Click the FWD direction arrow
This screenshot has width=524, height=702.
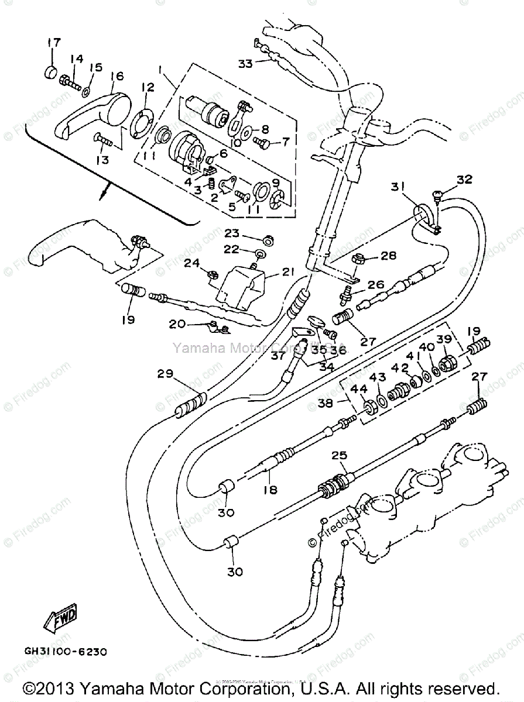point(61,618)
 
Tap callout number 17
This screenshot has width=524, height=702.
point(54,43)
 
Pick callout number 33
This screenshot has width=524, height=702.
point(245,63)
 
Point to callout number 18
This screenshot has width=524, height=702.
point(270,490)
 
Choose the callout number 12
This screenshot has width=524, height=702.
point(147,87)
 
